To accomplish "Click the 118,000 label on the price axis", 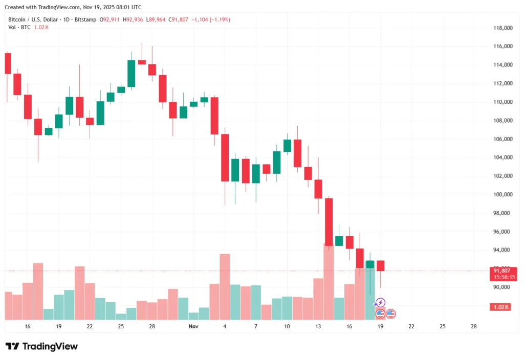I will (x=502, y=28).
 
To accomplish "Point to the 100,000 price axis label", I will (x=502, y=194).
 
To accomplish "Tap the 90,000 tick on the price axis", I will (x=502, y=287).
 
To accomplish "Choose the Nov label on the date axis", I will (x=193, y=326).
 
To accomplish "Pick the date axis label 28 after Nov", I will (x=474, y=326).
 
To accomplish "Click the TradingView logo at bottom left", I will (x=41, y=346).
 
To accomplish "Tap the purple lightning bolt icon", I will (x=381, y=302).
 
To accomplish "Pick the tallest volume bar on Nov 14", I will (x=329, y=282).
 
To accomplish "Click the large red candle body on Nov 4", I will (x=225, y=157).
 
